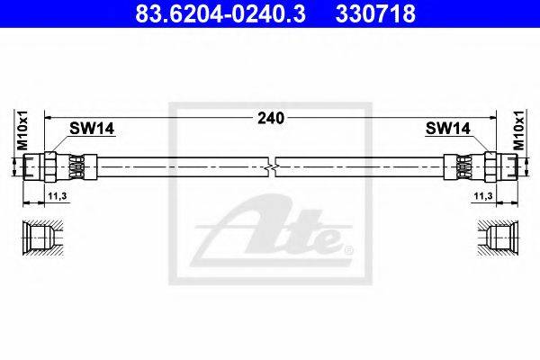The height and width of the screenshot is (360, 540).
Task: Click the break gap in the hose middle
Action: (x=273, y=166)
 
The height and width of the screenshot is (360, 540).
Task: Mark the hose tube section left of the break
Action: (x=180, y=166)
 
